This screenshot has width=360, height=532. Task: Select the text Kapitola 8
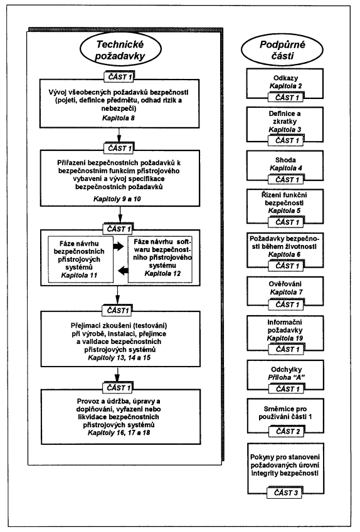(x=119, y=118)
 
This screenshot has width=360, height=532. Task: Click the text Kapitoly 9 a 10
(x=117, y=199)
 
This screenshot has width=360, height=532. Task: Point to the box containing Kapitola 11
(x=80, y=259)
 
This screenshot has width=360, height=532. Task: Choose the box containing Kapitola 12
(x=160, y=259)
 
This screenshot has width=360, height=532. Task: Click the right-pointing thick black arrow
(x=119, y=247)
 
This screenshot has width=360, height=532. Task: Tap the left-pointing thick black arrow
(x=124, y=271)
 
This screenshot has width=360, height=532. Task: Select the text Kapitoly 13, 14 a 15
(x=119, y=358)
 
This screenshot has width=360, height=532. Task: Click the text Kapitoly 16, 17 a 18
(x=119, y=432)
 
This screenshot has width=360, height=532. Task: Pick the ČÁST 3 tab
(x=285, y=493)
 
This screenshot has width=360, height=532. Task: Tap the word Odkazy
(x=285, y=78)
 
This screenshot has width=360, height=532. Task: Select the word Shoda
(x=285, y=160)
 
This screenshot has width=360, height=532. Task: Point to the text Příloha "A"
(x=286, y=377)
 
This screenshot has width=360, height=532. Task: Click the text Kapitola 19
(x=285, y=338)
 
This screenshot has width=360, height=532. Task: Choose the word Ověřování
(x=285, y=284)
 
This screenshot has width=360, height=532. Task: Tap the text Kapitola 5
(x=285, y=211)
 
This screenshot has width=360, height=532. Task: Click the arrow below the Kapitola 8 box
(x=119, y=135)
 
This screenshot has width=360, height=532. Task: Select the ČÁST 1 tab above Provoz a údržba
(x=119, y=388)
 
